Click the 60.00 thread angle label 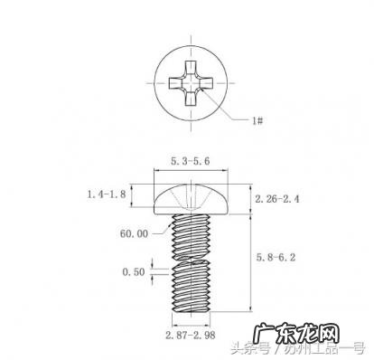(x=133, y=232)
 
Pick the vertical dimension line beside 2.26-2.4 (x=250, y=198)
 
